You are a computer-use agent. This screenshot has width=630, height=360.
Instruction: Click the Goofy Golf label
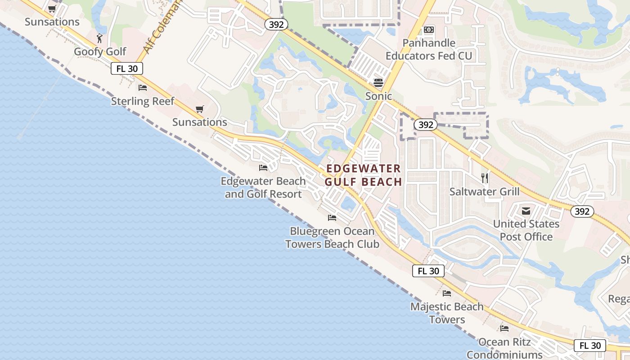(x=100, y=52)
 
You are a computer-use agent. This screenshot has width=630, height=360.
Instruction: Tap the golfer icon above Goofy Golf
(x=100, y=38)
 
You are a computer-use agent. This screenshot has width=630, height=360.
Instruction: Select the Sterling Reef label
(x=142, y=101)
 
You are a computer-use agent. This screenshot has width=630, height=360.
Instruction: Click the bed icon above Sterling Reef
(x=143, y=87)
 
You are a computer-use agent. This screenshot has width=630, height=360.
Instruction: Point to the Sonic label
(x=378, y=96)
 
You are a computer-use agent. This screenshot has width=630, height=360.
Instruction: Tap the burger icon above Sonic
(x=378, y=82)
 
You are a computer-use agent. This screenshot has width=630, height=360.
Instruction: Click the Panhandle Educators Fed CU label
(x=429, y=49)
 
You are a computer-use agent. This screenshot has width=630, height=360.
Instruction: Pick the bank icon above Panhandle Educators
(x=429, y=30)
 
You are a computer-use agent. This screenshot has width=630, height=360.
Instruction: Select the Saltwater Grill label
(x=485, y=192)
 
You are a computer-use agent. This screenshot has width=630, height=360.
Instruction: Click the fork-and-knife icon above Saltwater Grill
(x=485, y=178)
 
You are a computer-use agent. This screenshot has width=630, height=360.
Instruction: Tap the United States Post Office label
(x=526, y=230)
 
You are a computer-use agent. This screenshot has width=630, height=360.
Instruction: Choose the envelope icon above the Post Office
(x=526, y=211)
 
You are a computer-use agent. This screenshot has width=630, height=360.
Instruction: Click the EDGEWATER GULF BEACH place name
(x=363, y=175)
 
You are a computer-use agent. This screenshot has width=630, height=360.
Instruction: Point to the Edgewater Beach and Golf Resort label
(x=263, y=188)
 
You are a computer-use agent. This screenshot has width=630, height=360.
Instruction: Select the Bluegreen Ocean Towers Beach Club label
(x=333, y=238)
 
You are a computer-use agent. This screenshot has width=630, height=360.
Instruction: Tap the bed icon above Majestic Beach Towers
(x=447, y=293)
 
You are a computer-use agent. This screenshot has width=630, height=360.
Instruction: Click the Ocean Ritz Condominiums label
(x=504, y=348)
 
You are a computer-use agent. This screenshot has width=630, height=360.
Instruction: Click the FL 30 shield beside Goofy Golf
(x=127, y=68)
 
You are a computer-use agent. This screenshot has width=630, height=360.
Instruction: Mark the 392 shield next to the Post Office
(x=582, y=211)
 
